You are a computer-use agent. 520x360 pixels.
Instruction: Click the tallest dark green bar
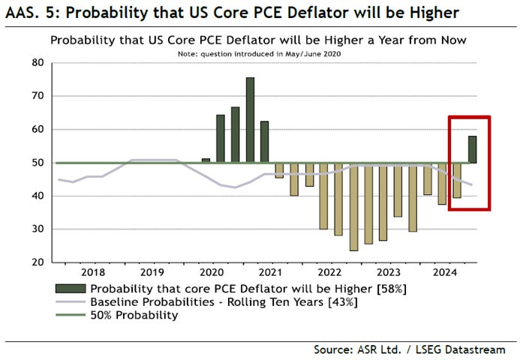coord(250,120)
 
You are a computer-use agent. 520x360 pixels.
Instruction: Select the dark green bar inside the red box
coord(473,149)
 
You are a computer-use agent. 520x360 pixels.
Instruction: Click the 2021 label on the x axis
coord(271,274)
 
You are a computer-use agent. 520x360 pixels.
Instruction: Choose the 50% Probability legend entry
coord(134,315)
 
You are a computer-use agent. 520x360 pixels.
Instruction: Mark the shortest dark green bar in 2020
coord(206,160)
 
